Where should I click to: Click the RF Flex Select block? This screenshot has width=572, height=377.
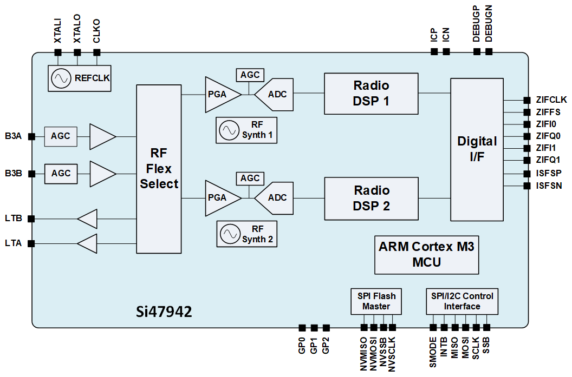[159, 168]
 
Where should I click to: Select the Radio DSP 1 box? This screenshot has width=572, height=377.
[371, 93]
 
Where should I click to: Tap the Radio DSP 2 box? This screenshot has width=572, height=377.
[371, 198]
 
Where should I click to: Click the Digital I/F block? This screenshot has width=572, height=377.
[477, 149]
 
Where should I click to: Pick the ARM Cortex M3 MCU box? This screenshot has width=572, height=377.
[426, 254]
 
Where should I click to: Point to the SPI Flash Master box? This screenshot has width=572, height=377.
[376, 301]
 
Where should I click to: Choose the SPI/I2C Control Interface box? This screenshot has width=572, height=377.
[462, 301]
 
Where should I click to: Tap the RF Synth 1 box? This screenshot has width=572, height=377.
[246, 130]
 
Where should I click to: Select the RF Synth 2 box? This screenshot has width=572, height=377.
[246, 234]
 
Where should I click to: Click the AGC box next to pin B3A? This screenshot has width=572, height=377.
[61, 136]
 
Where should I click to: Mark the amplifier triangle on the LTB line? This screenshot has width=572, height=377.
[88, 219]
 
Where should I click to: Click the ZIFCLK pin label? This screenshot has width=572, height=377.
[551, 100]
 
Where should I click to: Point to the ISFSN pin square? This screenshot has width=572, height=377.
[526, 186]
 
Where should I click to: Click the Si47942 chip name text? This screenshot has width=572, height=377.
[164, 312]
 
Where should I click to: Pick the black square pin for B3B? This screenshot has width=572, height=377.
[31, 174]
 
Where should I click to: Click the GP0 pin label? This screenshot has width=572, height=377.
[302, 346]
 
